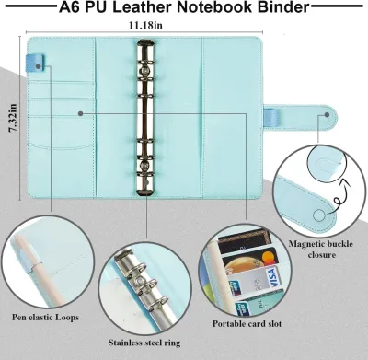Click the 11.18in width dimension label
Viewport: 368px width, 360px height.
(x=145, y=25)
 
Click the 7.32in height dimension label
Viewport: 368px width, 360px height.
(x=14, y=118)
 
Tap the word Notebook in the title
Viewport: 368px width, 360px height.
(x=215, y=7)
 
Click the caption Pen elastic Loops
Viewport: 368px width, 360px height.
(x=45, y=317)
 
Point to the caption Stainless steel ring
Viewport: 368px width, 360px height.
(x=144, y=343)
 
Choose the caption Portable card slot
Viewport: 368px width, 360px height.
(x=247, y=323)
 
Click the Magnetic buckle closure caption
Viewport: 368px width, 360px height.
(x=321, y=250)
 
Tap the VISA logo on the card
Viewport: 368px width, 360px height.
(x=270, y=277)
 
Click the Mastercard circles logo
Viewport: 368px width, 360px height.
(x=269, y=258)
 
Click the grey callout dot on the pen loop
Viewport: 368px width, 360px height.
(x=39, y=66)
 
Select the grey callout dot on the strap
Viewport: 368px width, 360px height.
(x=327, y=115)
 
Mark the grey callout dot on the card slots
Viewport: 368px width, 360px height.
(x=81, y=113)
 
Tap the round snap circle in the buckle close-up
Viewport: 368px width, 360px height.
(x=319, y=215)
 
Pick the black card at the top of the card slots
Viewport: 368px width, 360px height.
(x=245, y=241)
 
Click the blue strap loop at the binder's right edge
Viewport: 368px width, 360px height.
(x=271, y=118)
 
